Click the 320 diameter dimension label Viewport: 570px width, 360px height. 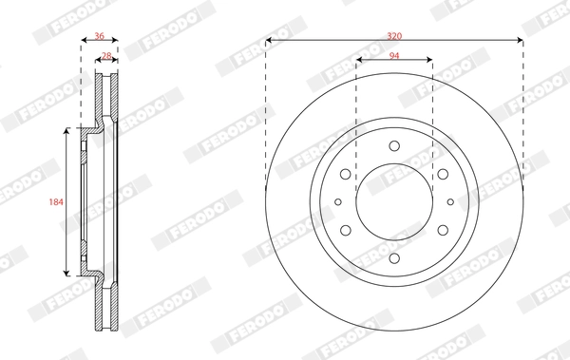[394, 35]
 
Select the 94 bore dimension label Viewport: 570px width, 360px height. [394, 55]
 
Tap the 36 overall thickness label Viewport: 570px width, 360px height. [100, 36]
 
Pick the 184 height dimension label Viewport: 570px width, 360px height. [55, 202]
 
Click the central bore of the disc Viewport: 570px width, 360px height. [394, 201]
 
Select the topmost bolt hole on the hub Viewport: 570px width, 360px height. [394, 145]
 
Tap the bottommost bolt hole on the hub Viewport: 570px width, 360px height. [394, 257]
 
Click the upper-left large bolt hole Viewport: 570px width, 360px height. [345, 174]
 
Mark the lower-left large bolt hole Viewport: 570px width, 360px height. [345, 229]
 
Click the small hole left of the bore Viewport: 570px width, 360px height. [338, 201]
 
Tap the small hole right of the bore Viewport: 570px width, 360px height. [450, 201]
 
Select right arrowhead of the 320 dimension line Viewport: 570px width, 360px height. [520, 41]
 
